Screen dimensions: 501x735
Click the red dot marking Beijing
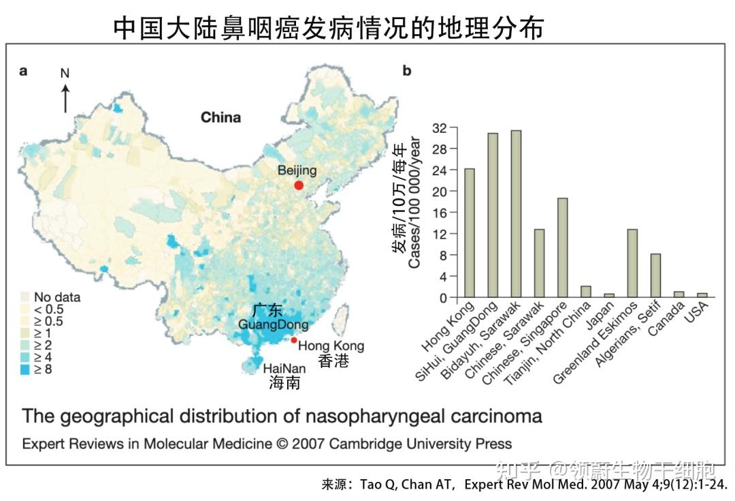pyautogui.click(x=298, y=185)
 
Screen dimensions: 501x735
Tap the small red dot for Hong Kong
pyautogui.click(x=293, y=340)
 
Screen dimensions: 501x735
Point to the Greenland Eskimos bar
pyautogui.click(x=632, y=263)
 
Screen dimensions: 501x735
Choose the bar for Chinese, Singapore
pyautogui.click(x=562, y=248)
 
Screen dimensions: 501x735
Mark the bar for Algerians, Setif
pyautogui.click(x=655, y=275)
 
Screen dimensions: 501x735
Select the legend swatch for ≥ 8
pyautogui.click(x=27, y=370)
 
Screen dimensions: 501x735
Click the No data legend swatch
pyautogui.click(x=27, y=297)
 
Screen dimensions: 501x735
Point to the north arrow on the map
pyautogui.click(x=65, y=95)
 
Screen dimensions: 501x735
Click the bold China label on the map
pyautogui.click(x=220, y=117)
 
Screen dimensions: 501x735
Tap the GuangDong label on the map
pyautogui.click(x=273, y=324)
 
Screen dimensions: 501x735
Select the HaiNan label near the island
pyautogui.click(x=284, y=368)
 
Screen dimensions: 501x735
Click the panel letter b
pyautogui.click(x=407, y=70)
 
